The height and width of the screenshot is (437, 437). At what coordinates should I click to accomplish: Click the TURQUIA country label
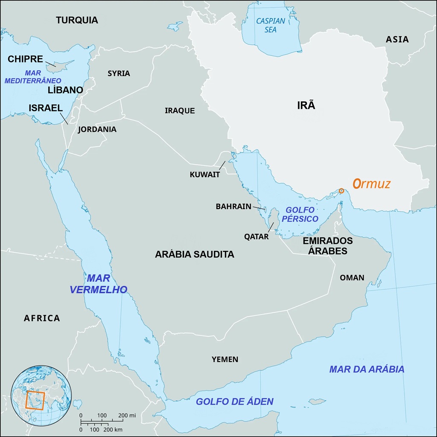coord(77,20)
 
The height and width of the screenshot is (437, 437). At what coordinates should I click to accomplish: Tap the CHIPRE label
coord(25,59)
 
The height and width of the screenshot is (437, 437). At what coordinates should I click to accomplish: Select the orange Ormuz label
coord(371,184)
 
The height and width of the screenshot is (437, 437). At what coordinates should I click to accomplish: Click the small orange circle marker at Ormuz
coord(341,191)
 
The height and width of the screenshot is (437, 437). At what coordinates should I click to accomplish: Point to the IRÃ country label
coord(306,105)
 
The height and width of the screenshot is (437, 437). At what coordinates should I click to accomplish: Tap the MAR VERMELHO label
coord(98,284)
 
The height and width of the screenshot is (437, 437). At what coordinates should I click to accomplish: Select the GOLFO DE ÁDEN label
coord(234,402)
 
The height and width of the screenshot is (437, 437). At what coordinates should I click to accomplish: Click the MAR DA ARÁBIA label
coord(366,369)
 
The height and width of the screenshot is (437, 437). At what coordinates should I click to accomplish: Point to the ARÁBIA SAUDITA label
coord(195,254)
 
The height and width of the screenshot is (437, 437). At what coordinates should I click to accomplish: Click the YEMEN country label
coord(225,359)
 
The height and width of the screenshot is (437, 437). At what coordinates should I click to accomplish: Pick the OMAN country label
coord(352,278)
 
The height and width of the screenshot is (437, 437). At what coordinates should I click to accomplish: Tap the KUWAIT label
coord(205,175)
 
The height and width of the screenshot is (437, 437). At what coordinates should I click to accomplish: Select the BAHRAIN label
coord(233,207)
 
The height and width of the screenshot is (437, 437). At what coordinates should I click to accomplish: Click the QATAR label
coord(256,236)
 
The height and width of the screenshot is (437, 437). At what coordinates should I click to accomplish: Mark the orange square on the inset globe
coord(35,400)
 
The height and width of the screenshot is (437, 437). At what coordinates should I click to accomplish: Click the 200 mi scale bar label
coord(126,415)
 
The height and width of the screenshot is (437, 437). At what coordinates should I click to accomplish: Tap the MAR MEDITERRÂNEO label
coord(33,77)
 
